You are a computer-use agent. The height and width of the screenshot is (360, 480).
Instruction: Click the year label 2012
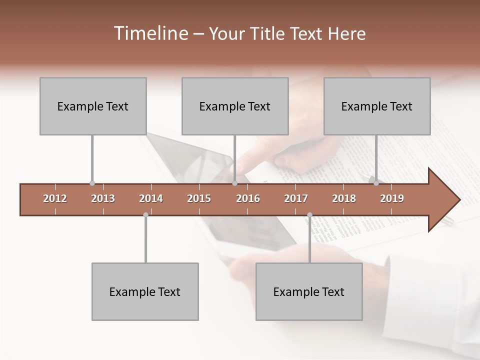click(55, 198)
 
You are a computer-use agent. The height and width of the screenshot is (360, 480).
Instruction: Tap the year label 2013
click(103, 198)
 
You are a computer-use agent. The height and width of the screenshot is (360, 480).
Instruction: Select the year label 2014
click(151, 198)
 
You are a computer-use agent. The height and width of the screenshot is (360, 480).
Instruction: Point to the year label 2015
click(199, 198)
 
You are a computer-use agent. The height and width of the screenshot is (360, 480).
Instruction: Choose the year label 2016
click(248, 198)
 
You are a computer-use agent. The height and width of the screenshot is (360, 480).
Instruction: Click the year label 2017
click(296, 198)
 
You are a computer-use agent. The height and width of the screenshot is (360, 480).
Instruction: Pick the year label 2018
click(344, 198)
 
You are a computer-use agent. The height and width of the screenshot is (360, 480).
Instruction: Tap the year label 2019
click(392, 198)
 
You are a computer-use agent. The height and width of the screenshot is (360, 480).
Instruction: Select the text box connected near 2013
click(93, 106)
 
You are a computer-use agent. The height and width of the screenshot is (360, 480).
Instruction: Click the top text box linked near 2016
click(235, 106)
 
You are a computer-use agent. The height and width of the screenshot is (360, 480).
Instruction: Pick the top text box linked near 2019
click(377, 106)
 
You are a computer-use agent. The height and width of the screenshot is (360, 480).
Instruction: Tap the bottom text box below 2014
click(145, 291)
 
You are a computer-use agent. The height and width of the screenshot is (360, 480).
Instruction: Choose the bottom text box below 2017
click(309, 291)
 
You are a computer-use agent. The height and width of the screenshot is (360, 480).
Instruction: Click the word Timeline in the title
click(149, 33)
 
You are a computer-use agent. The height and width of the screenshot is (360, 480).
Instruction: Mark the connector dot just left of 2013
click(92, 183)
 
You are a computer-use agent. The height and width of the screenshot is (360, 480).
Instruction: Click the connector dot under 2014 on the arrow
click(145, 214)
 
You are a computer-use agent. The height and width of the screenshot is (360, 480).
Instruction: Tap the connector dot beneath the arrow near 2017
click(309, 214)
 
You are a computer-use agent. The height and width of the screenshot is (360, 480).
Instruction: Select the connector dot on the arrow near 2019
click(376, 183)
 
